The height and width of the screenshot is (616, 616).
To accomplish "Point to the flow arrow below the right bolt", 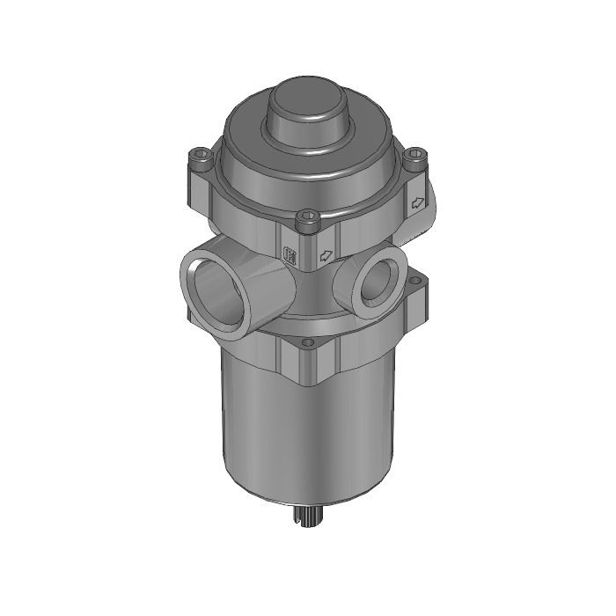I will point(417,202).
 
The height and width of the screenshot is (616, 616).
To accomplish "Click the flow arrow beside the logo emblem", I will point(326,256).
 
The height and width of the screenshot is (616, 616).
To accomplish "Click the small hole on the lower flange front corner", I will point(307,341).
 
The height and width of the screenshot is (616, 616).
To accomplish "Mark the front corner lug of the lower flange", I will point(307,361).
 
